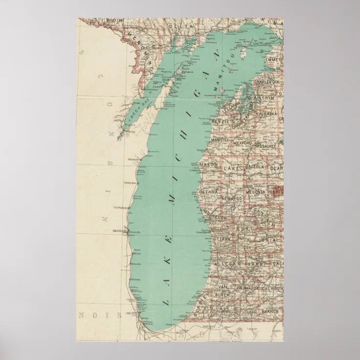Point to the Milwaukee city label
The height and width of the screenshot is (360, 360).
coord(119,230)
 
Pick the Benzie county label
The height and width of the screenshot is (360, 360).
coord(218,121)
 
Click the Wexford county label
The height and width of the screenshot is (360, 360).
coord(243,143)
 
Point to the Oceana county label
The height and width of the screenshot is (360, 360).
coord(208,192)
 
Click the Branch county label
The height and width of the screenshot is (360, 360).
coord(270,311)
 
